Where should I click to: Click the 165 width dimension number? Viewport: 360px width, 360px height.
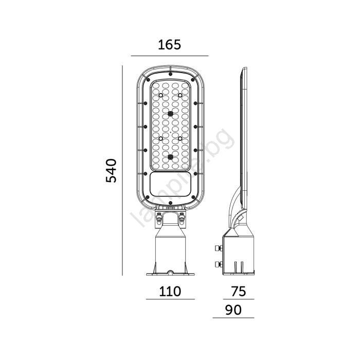pos(169,45)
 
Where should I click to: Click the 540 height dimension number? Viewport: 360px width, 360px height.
pos(111,170)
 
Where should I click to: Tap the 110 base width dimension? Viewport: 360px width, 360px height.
pos(170,292)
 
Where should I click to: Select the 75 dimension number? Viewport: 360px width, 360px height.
pos(239,292)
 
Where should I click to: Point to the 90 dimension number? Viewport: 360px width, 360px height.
pos(233,310)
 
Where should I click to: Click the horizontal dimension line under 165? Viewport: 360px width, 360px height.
pos(170,56)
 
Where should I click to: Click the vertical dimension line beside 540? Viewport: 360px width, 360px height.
pos(122,170)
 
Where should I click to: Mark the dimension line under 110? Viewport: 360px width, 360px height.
pos(170,299)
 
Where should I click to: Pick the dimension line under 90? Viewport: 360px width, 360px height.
pos(233,318)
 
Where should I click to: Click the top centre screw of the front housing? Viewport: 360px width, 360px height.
pos(170,74)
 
